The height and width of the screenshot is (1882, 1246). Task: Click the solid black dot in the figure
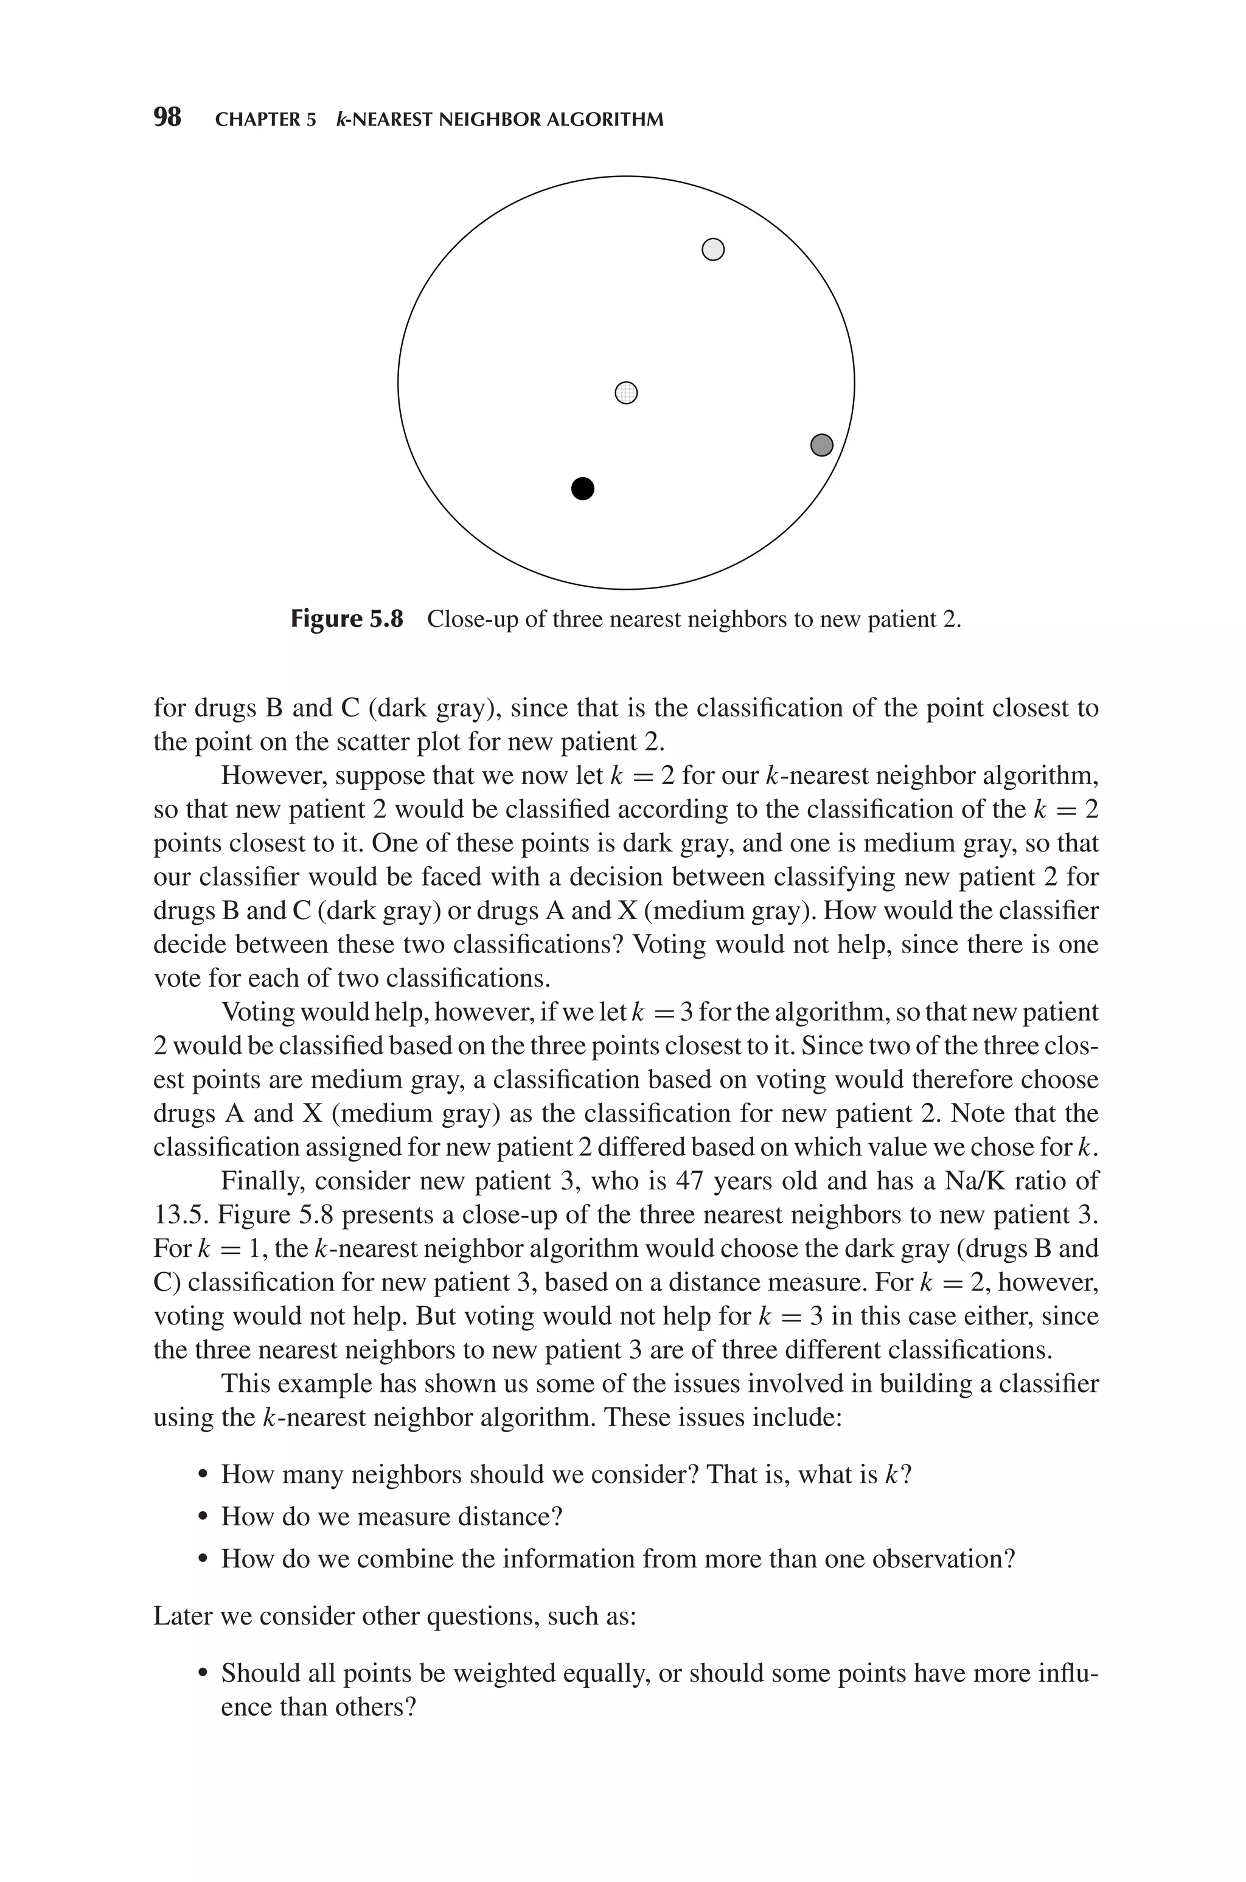pyautogui.click(x=582, y=488)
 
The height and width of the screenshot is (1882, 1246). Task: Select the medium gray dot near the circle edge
pyautogui.click(x=822, y=445)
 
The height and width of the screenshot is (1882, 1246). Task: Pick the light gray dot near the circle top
pyautogui.click(x=714, y=250)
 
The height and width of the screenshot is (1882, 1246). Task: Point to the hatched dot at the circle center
pyautogui.click(x=626, y=393)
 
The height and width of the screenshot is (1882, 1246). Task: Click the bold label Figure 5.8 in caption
pyautogui.click(x=347, y=619)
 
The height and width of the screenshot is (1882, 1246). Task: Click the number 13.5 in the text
pyautogui.click(x=179, y=1215)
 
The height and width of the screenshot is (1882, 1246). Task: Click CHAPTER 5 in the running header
pyautogui.click(x=265, y=120)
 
